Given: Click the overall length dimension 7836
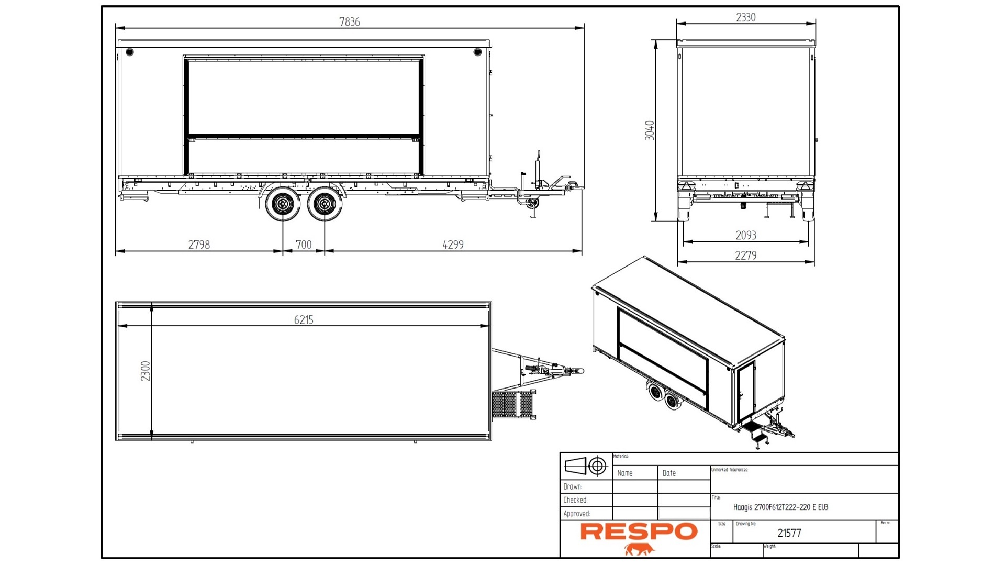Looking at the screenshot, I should [x=349, y=22].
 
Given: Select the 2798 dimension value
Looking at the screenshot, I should [x=199, y=245].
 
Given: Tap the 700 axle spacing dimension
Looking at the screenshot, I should [x=304, y=245].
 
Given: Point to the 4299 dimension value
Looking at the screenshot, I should [x=453, y=245].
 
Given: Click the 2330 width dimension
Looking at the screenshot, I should [x=745, y=17].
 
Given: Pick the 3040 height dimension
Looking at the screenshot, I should [x=650, y=130].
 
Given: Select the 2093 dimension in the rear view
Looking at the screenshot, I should [x=745, y=235].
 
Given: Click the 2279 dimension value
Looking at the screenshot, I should [x=745, y=256].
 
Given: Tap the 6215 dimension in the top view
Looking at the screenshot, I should [x=304, y=319].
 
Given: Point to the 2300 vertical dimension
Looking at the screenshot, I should [x=146, y=371].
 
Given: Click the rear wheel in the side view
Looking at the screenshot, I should [x=283, y=204].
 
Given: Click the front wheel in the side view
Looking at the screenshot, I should [x=324, y=204].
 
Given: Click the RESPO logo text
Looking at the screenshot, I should [x=639, y=531].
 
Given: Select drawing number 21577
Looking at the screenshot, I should [x=789, y=533].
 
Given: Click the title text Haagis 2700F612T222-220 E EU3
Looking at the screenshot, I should [x=780, y=507].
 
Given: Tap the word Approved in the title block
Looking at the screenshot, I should [x=576, y=514].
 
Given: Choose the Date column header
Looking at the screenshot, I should [x=669, y=473].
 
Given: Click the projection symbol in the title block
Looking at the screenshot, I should [x=586, y=466].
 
